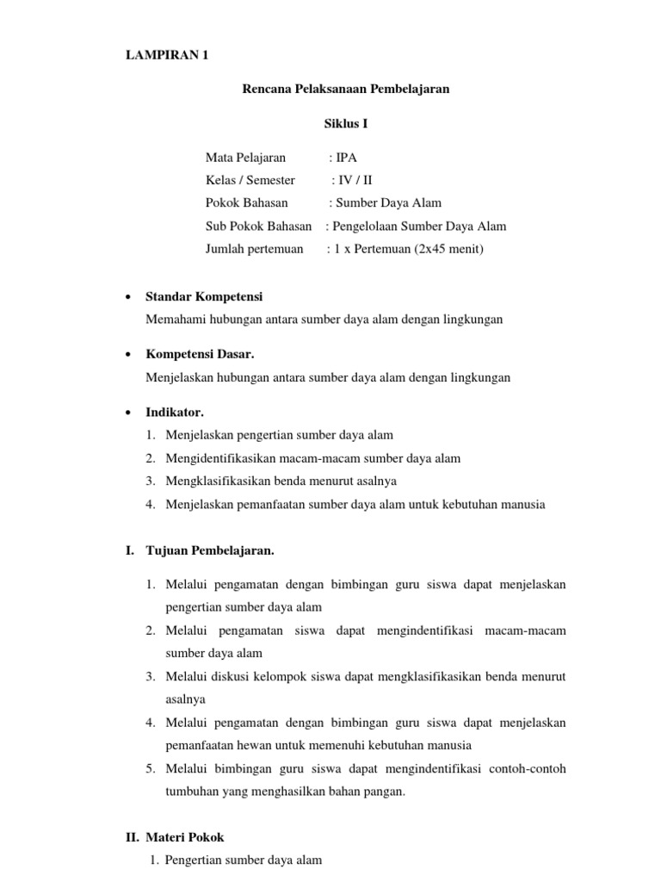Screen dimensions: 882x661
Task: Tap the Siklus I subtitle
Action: pyautogui.click(x=345, y=124)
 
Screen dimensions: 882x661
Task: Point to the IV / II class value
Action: pyautogui.click(x=356, y=180)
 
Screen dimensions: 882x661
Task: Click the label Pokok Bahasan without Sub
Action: pyautogui.click(x=247, y=203)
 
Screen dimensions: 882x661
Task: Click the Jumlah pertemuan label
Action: pyautogui.click(x=255, y=250)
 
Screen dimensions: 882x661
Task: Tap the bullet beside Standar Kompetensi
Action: pyautogui.click(x=127, y=297)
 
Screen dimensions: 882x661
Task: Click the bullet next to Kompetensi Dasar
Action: pyautogui.click(x=127, y=355)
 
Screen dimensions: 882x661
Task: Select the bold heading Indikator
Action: pyautogui.click(x=175, y=413)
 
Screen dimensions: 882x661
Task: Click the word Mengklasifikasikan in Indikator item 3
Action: pyautogui.click(x=214, y=481)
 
